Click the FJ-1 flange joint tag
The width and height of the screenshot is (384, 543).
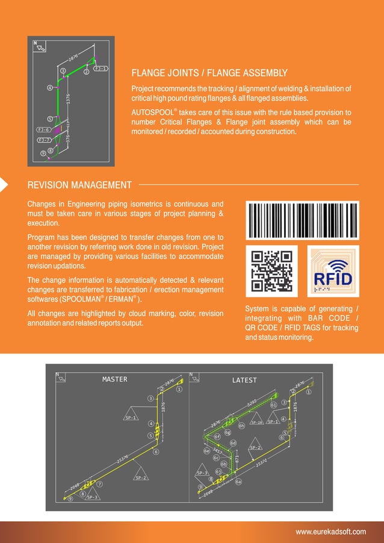pos(101,69)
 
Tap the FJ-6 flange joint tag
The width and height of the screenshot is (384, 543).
pos(43,129)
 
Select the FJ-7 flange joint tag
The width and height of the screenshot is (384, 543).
pos(43,140)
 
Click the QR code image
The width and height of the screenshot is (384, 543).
pos(272,270)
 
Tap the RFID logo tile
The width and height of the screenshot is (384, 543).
pos(333,270)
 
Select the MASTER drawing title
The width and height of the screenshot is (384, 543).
pos(114,379)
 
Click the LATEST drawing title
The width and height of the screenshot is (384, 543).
pos(244,380)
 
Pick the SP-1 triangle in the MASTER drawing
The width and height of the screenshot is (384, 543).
pos(131,417)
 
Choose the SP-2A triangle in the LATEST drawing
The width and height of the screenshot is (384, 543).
pos(257,422)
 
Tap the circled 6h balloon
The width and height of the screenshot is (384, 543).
pos(241,426)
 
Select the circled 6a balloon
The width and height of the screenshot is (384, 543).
pos(238,482)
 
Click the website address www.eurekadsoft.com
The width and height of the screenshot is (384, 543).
pos(330,532)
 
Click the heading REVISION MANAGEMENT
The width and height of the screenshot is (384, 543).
pos(79,185)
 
